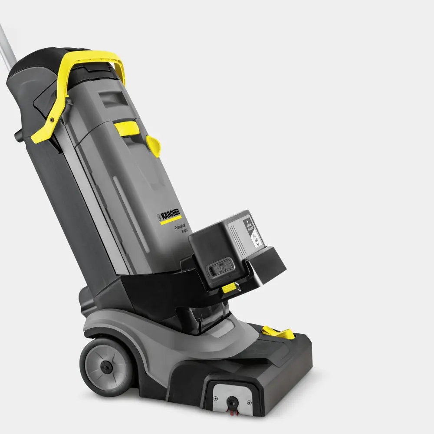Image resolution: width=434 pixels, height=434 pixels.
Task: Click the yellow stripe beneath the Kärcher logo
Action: click(171, 221)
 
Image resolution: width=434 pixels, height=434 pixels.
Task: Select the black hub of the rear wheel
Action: click(105, 365)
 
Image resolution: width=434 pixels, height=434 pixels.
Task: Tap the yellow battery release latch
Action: click(228, 288)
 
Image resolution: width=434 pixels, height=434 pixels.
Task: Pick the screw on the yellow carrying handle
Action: click(52, 119)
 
